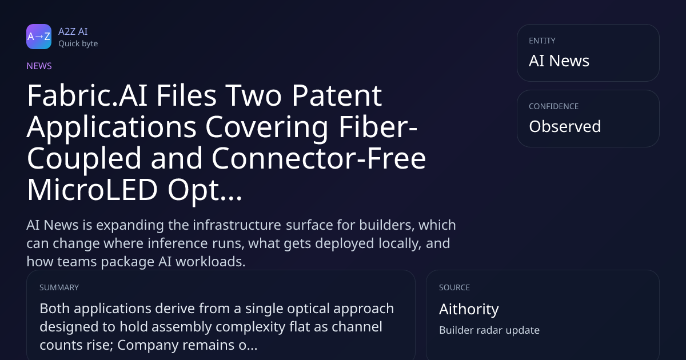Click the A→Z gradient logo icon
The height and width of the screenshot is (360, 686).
(x=39, y=37)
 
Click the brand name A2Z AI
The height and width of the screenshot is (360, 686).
(x=73, y=31)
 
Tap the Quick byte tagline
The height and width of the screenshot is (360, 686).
(x=78, y=44)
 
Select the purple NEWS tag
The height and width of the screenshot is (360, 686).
(x=39, y=66)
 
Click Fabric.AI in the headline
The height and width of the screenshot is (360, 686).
(x=87, y=95)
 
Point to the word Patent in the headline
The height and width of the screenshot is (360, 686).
(x=337, y=95)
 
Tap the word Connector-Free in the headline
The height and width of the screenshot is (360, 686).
(x=318, y=158)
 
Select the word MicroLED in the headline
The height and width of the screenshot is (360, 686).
(x=92, y=190)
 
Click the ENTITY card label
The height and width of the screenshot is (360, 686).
(x=542, y=41)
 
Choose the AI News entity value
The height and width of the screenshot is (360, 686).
(x=559, y=61)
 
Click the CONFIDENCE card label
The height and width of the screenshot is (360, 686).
(x=554, y=106)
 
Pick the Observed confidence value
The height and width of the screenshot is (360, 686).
(x=565, y=126)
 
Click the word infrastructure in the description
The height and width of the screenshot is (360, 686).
(x=237, y=225)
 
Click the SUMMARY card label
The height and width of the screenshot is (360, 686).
(x=59, y=287)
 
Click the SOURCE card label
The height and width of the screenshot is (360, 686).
(x=454, y=287)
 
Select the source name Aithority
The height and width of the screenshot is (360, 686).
(x=469, y=309)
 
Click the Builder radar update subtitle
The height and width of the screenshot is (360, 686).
(x=489, y=330)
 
